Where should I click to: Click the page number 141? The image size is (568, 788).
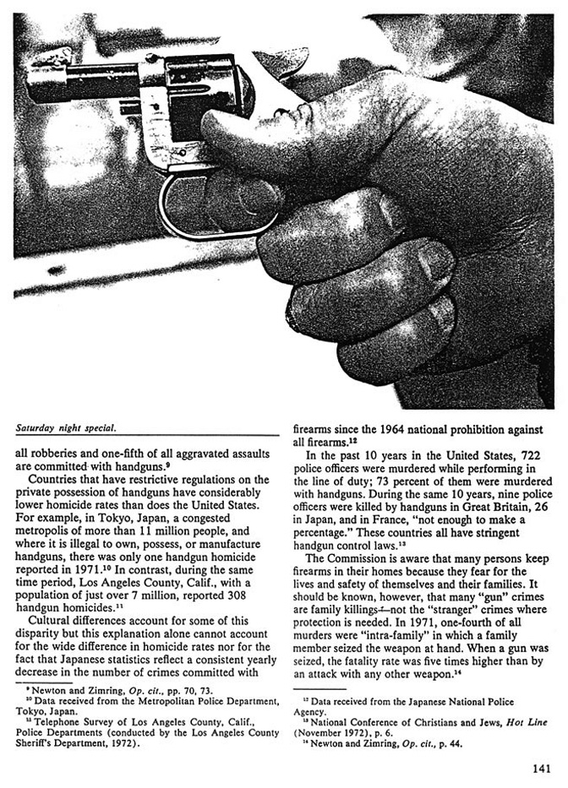coord(542,768)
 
